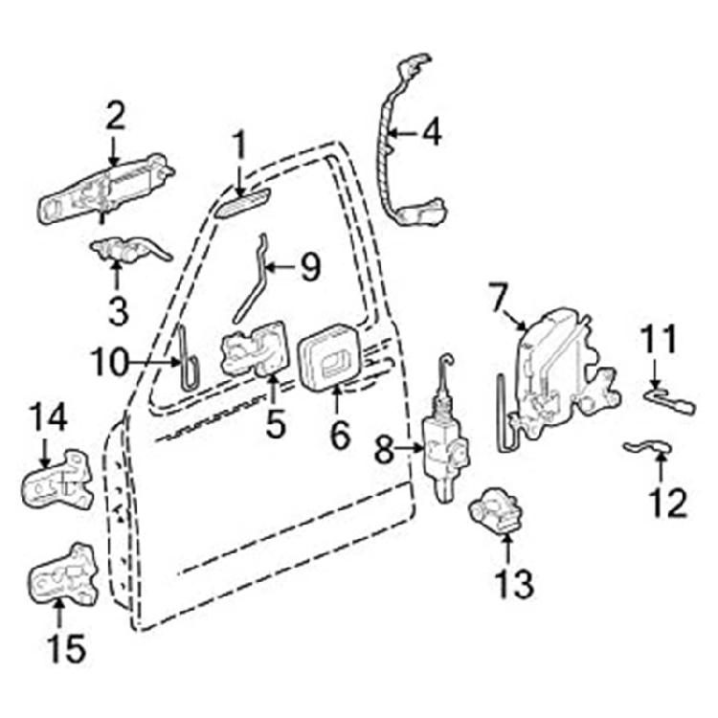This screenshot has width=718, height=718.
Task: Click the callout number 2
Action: (115, 116)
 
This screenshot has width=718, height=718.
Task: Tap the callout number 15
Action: (67, 649)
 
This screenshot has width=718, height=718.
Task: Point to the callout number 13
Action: (515, 583)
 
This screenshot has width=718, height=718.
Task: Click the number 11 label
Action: (659, 339)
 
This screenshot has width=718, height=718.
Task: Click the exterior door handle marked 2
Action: (105, 190)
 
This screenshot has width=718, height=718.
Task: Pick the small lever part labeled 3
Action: (130, 250)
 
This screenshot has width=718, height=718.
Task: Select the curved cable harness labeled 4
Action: (408, 142)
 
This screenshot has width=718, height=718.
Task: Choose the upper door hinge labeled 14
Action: (58, 481)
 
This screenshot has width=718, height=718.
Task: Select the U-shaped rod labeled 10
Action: (189, 359)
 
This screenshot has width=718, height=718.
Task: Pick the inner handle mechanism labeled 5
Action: (255, 348)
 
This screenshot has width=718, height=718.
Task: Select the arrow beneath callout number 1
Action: (239, 180)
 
